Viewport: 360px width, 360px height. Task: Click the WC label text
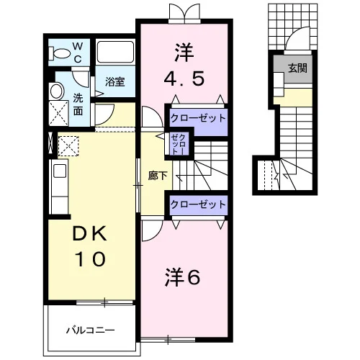77,53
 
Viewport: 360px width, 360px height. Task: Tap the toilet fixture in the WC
59,53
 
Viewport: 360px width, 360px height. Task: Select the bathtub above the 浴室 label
115,52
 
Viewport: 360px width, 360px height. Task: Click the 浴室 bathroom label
114,82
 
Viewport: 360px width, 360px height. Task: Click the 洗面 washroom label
78,105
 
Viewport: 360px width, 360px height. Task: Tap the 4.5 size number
184,78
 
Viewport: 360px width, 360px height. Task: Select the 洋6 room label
182,277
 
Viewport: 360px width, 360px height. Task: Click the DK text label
89,234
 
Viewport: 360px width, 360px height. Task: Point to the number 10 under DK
90,259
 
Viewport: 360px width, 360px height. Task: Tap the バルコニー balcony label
90,330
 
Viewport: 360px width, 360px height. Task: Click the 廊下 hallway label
158,176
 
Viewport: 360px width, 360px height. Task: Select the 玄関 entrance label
297,68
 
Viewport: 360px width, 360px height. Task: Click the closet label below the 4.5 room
198,118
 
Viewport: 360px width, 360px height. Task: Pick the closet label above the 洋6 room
198,204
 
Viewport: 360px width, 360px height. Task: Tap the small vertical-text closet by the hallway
179,144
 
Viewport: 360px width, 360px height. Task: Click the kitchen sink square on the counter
60,171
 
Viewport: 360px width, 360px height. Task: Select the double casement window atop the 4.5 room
184,14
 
